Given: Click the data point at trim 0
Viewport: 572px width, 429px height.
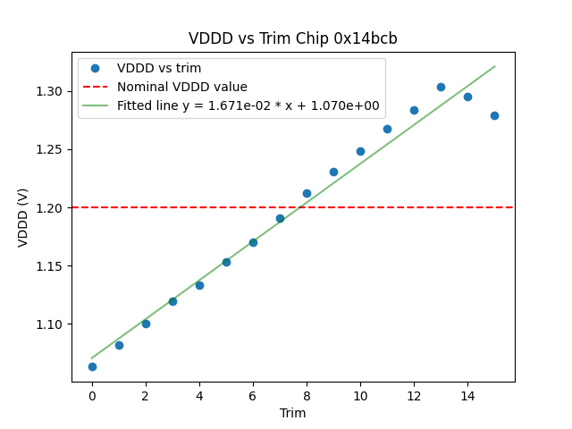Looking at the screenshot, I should point(92,366).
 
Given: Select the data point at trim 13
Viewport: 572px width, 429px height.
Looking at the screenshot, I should point(441,87).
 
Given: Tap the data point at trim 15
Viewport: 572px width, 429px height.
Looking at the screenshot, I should point(494,115).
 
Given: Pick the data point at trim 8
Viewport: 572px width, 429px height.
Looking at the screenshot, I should point(307,193).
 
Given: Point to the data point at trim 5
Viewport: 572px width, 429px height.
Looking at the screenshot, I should point(226,262).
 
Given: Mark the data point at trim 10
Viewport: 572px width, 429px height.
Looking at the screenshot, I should point(360,151).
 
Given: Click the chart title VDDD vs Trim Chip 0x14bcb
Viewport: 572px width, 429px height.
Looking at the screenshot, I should point(292,38).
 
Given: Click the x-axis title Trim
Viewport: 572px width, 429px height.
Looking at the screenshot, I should point(292,413).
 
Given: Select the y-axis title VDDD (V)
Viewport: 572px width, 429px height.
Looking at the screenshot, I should point(23,217).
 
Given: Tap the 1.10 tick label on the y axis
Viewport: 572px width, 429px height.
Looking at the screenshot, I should point(50,324).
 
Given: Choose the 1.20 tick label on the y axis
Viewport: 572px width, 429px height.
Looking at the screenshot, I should point(50,207).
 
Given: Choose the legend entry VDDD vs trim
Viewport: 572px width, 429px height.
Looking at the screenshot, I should point(159,68).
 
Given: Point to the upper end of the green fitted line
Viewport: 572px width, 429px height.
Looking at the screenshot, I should point(494,66).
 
